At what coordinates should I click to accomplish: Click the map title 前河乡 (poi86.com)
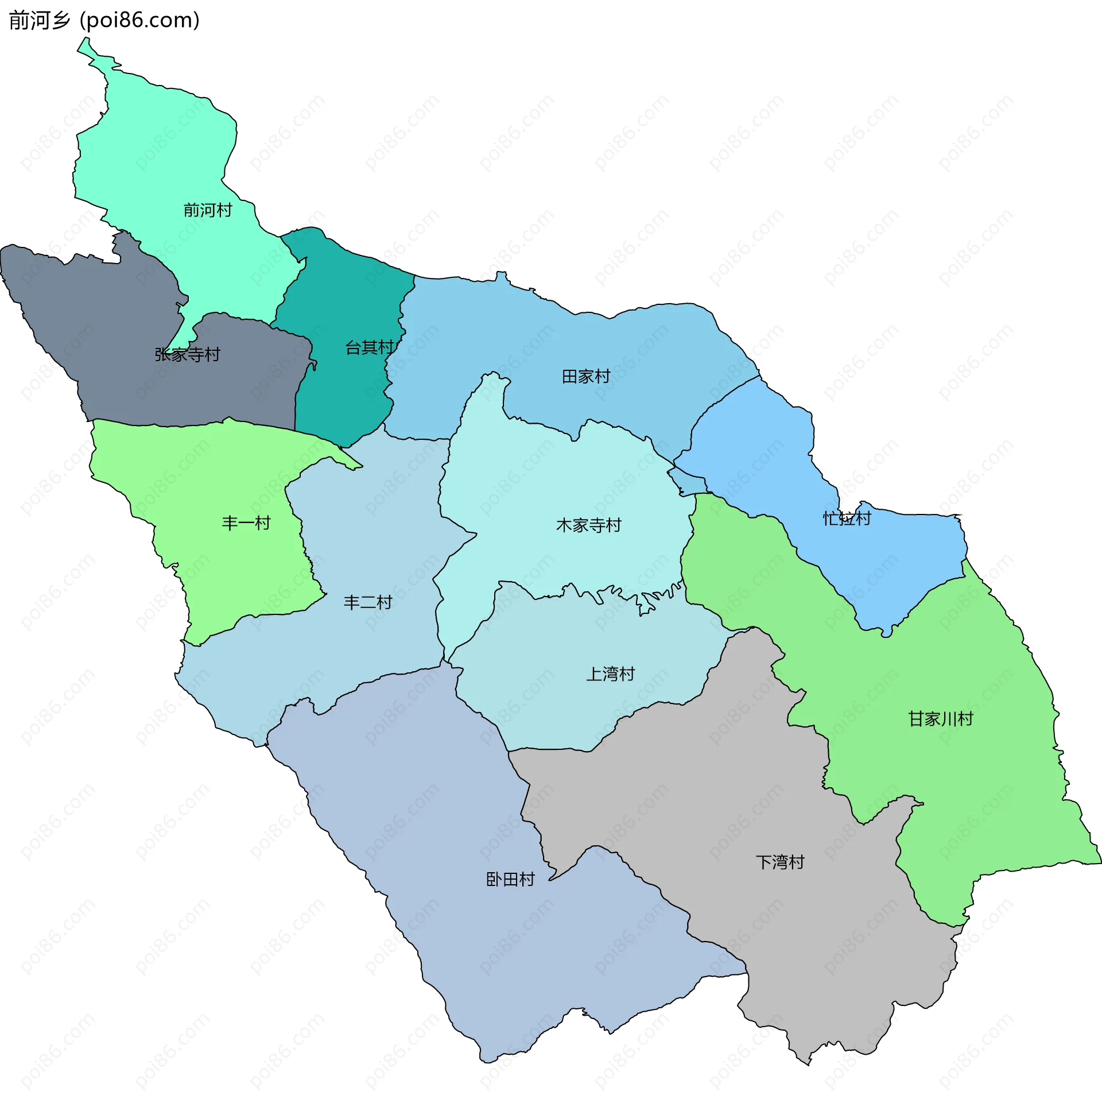pyautogui.click(x=104, y=21)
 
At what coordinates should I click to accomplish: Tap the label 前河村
pyautogui.click(x=208, y=210)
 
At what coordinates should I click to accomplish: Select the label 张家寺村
pyautogui.click(x=187, y=354)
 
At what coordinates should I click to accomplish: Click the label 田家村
pyautogui.click(x=586, y=377)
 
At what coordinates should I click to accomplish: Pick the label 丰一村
pyautogui.click(x=246, y=523)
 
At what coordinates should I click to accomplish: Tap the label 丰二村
pyautogui.click(x=368, y=602)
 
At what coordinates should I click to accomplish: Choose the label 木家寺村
pyautogui.click(x=589, y=525)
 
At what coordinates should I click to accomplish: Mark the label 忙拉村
pyautogui.click(x=847, y=518)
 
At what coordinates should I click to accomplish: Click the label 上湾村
pyautogui.click(x=611, y=674)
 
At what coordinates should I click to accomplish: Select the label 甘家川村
pyautogui.click(x=941, y=719)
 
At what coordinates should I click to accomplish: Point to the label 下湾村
pyautogui.click(x=781, y=862)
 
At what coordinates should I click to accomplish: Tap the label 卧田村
pyautogui.click(x=510, y=879)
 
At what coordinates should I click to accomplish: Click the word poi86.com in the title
pyautogui.click(x=139, y=21)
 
